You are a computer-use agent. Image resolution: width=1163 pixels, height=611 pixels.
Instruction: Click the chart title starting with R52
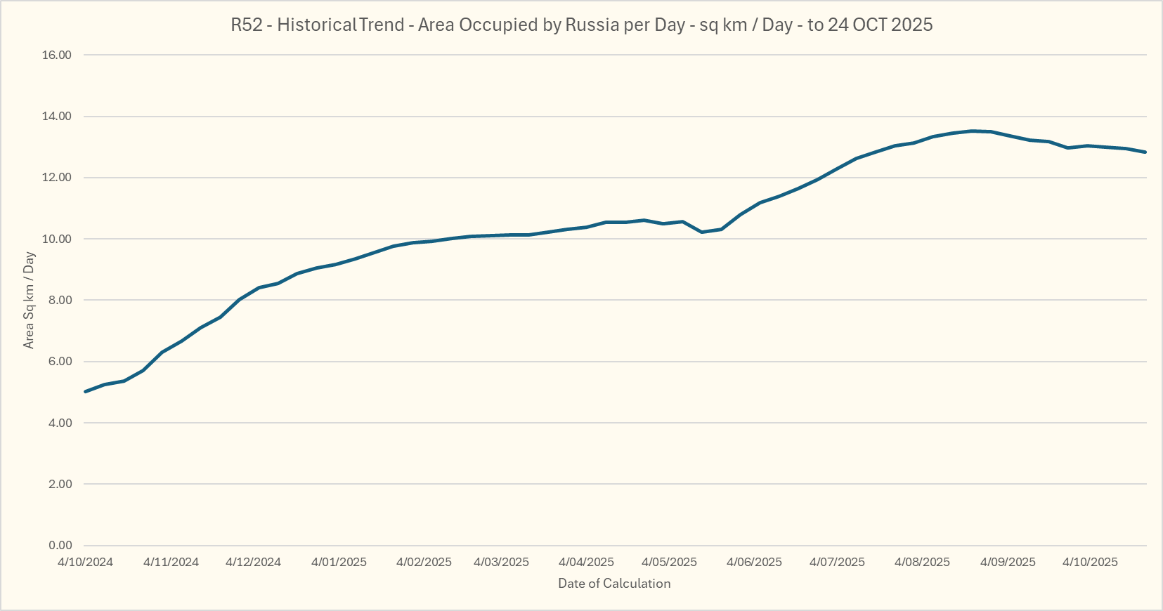pos(581,25)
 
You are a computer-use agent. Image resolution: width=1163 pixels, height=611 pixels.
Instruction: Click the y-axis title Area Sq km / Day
pos(29,300)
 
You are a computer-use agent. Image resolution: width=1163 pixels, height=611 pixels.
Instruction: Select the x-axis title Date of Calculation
pos(614,584)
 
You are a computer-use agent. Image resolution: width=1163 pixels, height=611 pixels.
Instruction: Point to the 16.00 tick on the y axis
pos(57,55)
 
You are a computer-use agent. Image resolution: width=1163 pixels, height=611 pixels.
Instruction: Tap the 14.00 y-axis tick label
pos(57,117)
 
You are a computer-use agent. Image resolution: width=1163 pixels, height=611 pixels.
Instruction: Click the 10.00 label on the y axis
pos(57,239)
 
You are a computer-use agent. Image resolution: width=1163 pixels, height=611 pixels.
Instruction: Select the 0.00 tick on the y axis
pos(60,546)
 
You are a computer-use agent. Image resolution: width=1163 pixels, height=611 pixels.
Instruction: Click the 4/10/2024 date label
pos(85,563)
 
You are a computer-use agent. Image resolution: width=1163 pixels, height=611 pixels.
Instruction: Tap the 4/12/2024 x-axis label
pos(253,563)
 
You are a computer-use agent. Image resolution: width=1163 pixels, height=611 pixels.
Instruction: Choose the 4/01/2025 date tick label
pos(339,563)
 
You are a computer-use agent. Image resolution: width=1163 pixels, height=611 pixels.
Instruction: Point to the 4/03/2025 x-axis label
pos(501,563)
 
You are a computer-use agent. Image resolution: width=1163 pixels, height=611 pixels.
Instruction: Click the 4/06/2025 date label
pos(754,563)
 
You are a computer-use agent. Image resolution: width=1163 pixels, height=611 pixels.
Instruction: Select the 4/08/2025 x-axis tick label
pos(922,563)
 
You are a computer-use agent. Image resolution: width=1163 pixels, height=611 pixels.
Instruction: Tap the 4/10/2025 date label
pos(1090,563)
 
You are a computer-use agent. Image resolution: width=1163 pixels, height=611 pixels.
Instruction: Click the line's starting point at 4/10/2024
pos(85,391)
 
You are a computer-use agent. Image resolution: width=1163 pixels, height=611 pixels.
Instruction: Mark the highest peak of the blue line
pos(973,131)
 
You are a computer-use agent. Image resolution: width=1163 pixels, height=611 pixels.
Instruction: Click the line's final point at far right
pos(1145,152)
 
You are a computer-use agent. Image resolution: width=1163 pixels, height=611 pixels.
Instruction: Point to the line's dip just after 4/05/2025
pos(702,232)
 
